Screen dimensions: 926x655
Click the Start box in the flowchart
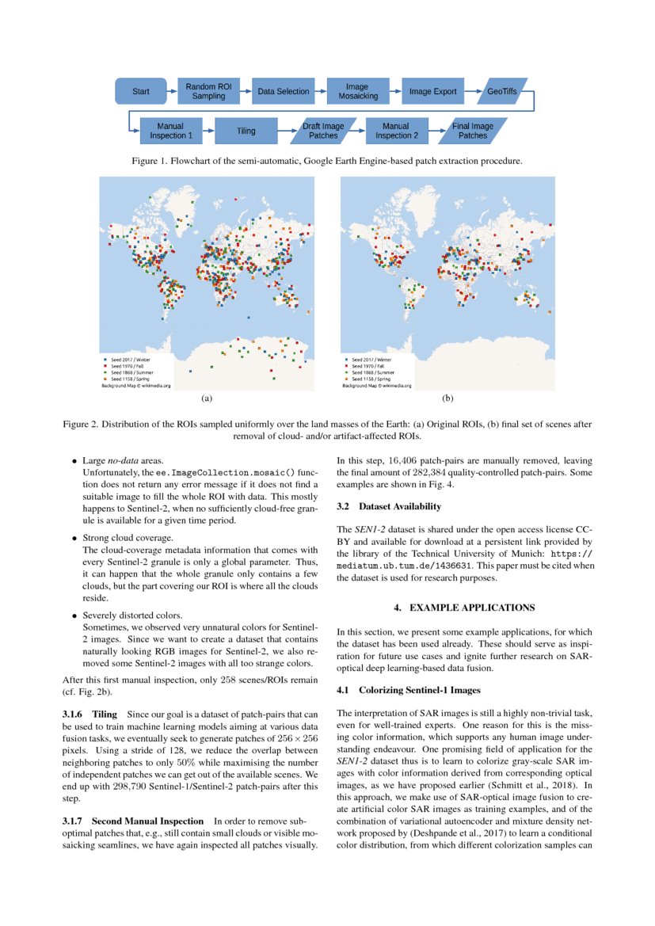point(140,92)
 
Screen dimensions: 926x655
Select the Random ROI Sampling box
point(208,91)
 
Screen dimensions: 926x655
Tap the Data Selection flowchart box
point(283,92)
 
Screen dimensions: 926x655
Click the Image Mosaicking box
point(358,91)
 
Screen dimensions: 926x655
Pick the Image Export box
point(432,92)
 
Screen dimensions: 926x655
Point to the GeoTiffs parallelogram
point(501,92)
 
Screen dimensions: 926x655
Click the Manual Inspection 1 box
point(170,131)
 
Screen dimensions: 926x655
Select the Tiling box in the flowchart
point(246,131)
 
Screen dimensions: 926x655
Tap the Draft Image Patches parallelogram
point(322,131)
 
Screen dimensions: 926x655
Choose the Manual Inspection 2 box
point(395,131)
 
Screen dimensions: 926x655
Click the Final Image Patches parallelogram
point(473,131)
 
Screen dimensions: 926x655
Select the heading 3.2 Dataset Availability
point(389,506)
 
